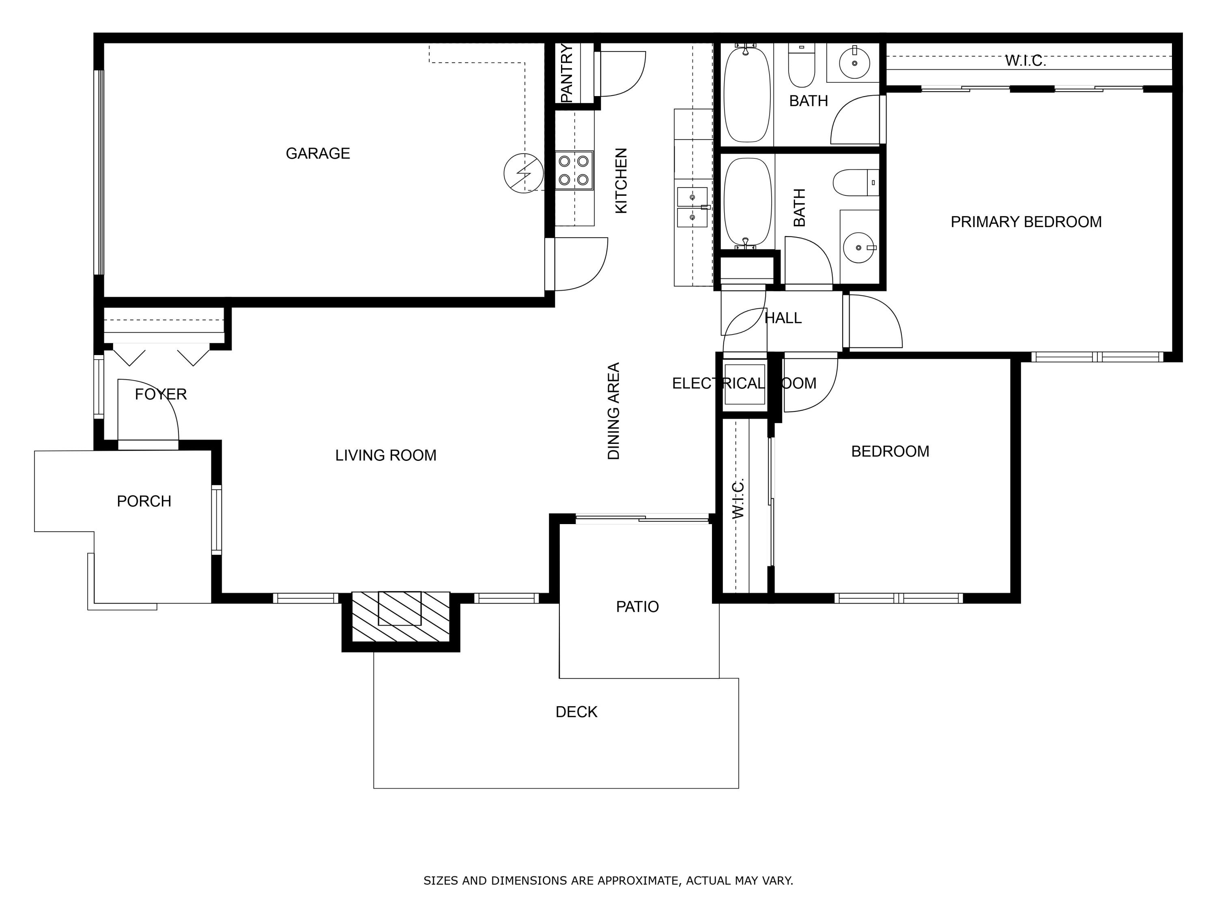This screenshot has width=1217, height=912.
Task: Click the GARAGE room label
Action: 318,153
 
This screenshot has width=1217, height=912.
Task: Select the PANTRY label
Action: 567,73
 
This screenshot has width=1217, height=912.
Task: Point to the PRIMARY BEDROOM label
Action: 1026,222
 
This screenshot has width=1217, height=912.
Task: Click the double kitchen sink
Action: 692,207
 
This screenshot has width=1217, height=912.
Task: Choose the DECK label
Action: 576,712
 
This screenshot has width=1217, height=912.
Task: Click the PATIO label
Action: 637,607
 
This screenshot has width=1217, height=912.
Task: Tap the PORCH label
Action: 144,501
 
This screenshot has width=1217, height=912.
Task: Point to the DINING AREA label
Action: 613,411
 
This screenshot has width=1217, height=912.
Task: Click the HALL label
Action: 783,318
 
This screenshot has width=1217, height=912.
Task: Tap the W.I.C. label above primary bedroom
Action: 1025,61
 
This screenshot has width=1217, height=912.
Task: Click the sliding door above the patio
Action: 643,518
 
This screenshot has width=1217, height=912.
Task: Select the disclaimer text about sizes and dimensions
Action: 608,881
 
